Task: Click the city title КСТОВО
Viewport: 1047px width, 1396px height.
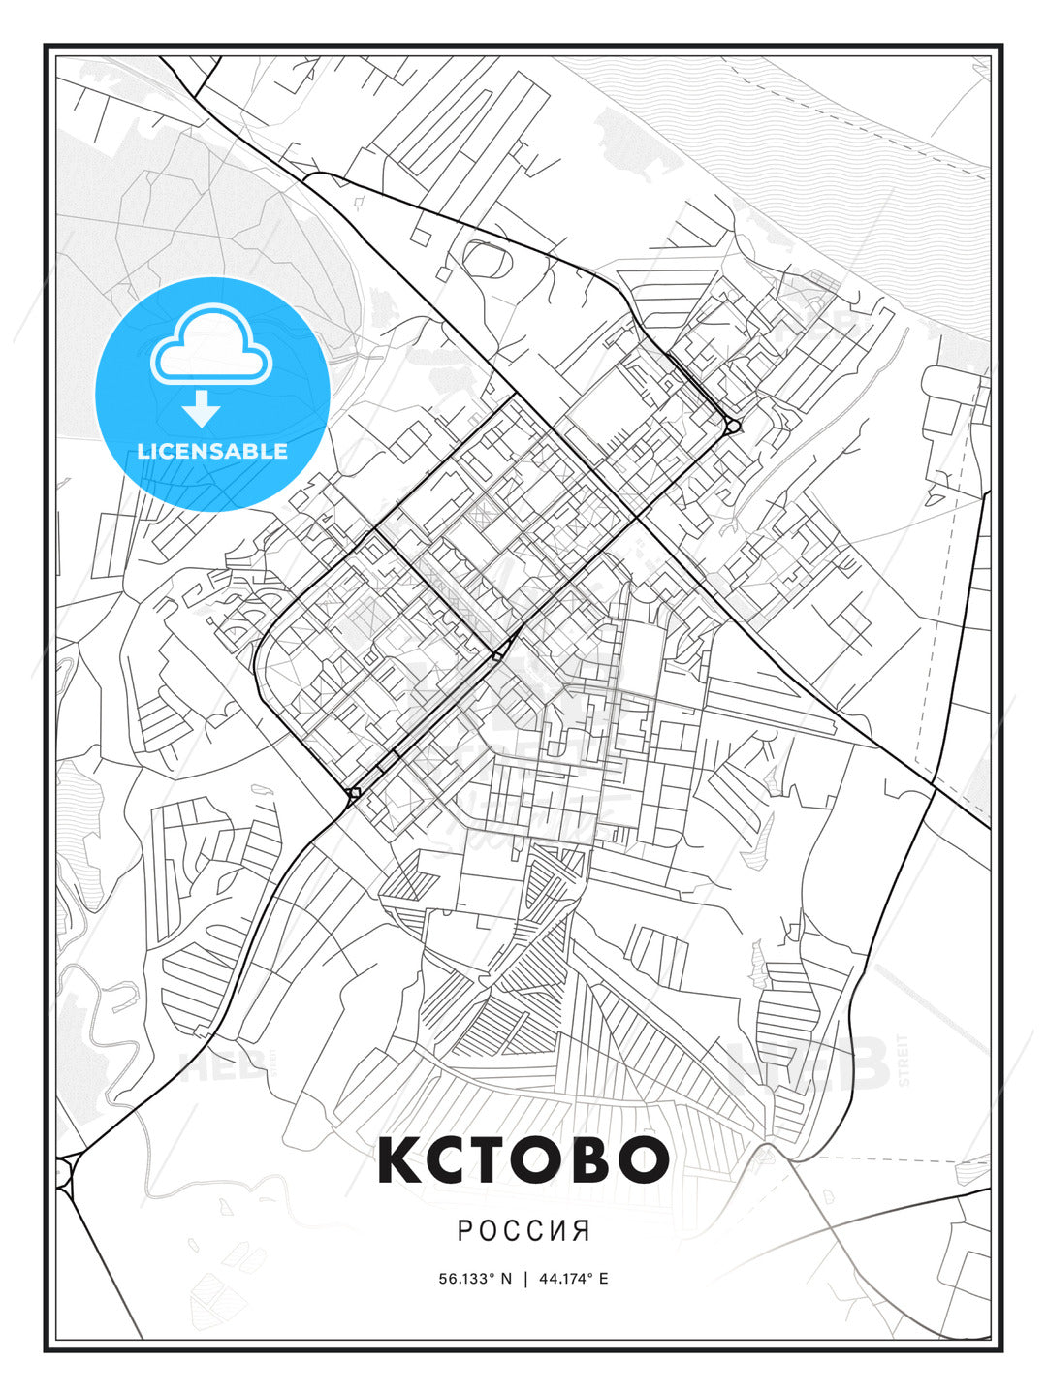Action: coord(523,1159)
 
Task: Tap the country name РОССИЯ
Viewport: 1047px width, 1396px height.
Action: coord(523,1231)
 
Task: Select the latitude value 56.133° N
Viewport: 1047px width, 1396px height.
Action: coord(475,1279)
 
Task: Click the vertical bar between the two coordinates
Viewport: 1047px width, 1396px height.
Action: coord(524,1279)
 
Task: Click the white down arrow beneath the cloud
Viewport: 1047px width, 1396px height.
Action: coord(202,410)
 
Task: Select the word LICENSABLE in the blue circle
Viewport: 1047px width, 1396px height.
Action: coord(212,451)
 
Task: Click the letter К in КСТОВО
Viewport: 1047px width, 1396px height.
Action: coord(399,1159)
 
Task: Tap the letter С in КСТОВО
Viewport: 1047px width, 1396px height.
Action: coord(446,1159)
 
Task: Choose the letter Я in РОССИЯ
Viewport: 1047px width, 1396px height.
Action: coord(582,1231)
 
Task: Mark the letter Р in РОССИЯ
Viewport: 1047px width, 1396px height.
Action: coord(464,1231)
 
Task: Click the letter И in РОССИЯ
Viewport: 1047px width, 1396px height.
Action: coord(559,1231)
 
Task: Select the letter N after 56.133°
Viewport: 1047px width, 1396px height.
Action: coord(505,1279)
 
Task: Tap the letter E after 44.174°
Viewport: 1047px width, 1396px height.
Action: coord(603,1279)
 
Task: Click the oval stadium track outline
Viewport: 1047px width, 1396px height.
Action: coord(488,257)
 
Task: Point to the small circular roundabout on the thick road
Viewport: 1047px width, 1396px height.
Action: coord(733,426)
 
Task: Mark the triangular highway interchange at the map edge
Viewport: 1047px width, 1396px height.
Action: coord(67,1174)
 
